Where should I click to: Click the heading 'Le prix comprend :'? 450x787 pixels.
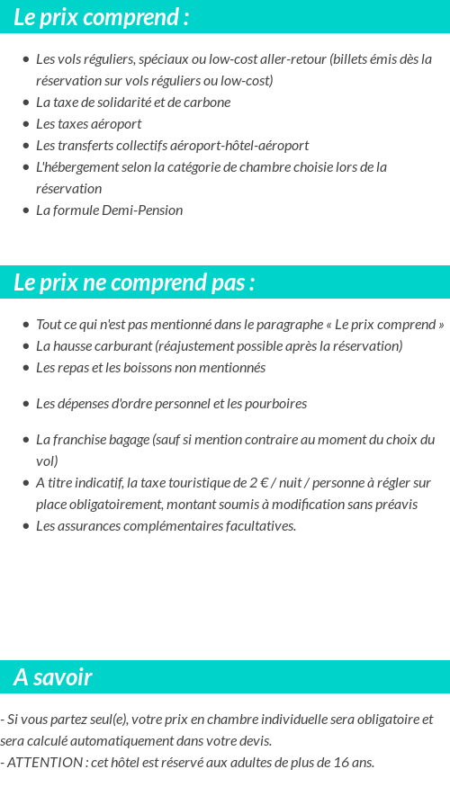[x=102, y=16]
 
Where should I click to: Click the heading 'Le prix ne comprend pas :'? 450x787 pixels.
[x=134, y=282]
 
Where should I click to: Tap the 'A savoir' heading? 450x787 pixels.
[x=53, y=677]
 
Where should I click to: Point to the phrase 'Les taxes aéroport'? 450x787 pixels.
[x=88, y=124]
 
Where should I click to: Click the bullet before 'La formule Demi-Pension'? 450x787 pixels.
[x=26, y=210]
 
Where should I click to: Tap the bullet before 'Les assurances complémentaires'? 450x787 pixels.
[x=26, y=526]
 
